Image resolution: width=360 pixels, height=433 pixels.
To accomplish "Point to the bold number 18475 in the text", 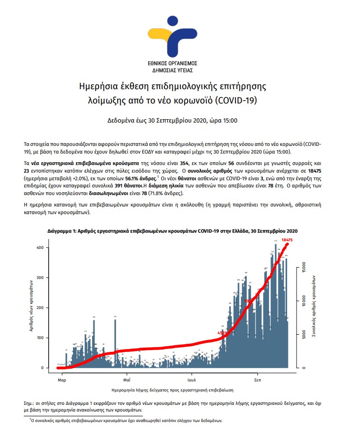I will tap(301, 170).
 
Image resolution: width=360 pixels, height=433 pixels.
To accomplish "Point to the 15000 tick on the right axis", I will tap(303, 268).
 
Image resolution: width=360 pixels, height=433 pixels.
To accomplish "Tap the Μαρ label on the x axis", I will tap(62, 381).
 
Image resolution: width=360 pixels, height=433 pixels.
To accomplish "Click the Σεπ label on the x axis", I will tap(256, 381).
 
